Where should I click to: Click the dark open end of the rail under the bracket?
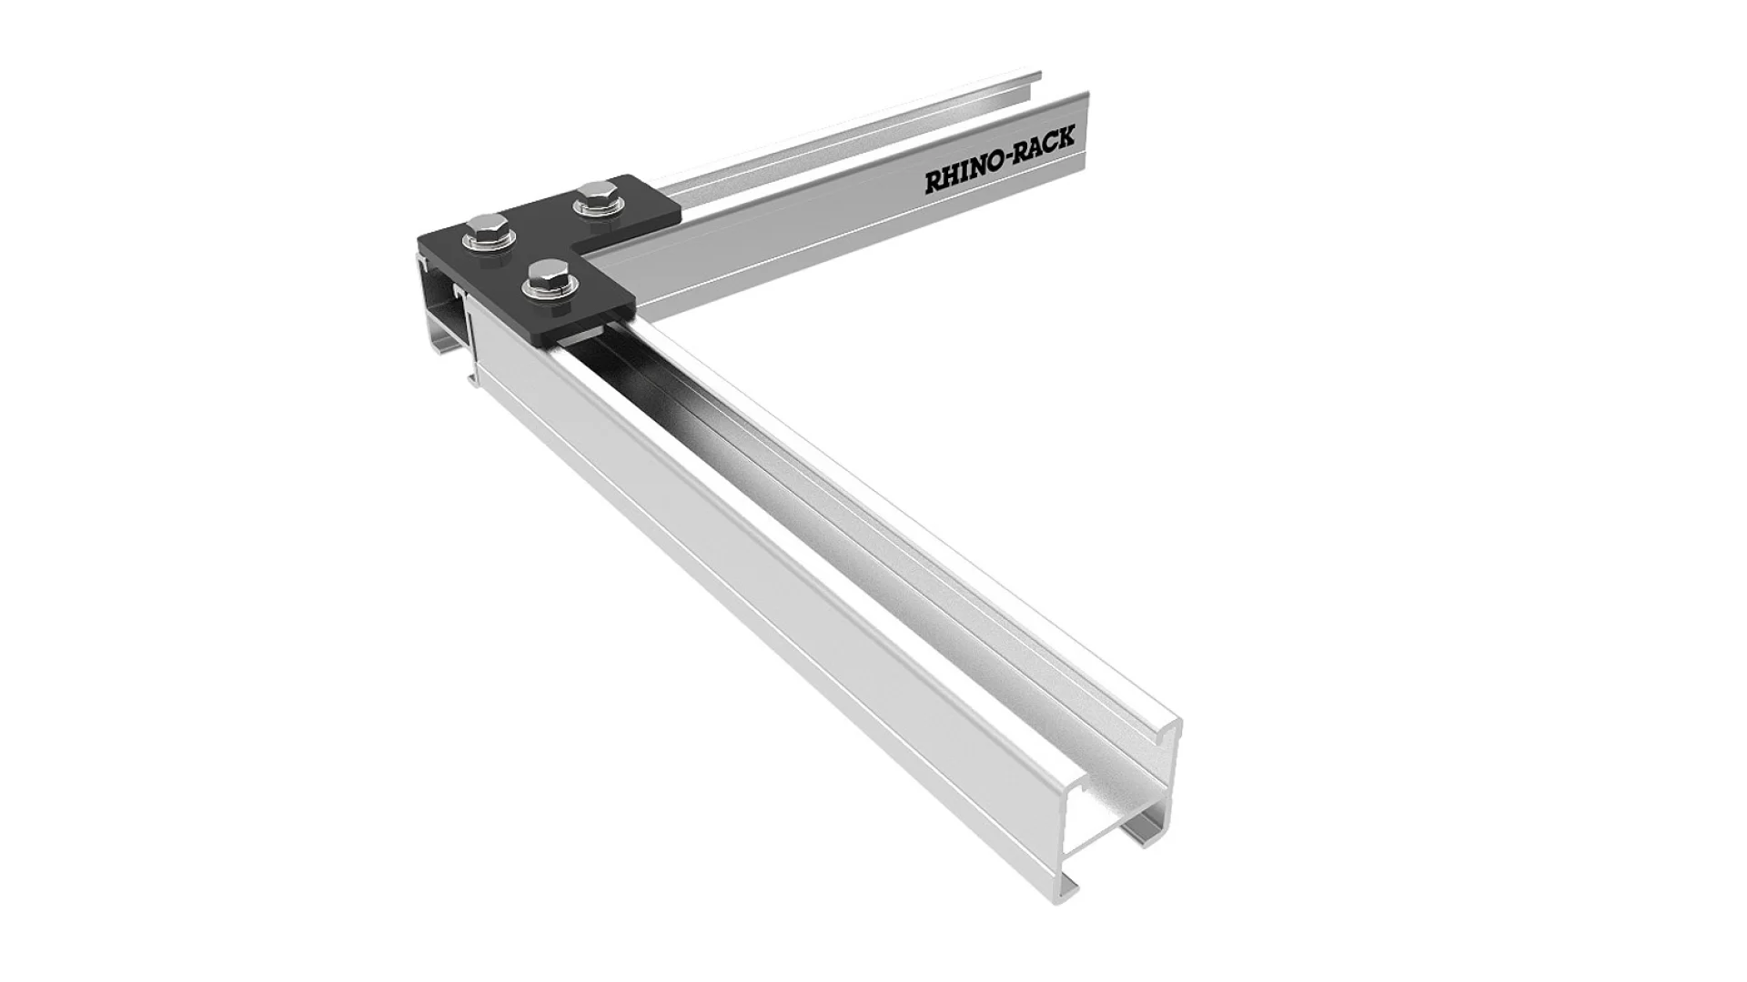point(441,309)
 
